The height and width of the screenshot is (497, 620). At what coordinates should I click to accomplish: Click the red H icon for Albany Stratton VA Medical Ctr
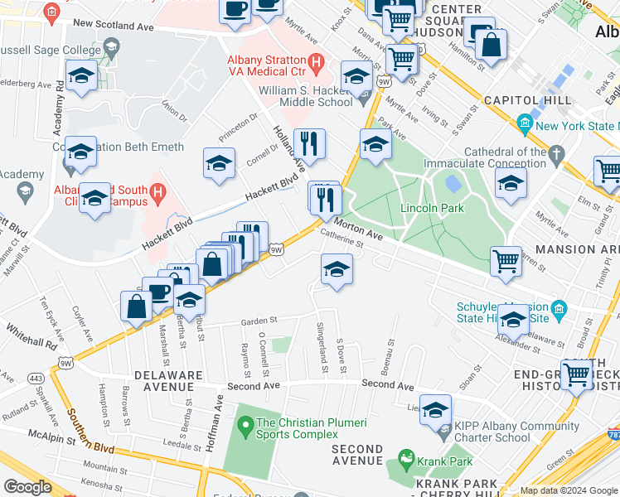(315, 61)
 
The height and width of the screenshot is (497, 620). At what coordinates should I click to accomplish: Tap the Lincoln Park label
(432, 208)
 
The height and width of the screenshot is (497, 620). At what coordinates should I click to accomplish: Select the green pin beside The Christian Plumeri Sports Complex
(245, 427)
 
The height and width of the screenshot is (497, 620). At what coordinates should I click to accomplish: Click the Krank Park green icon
(405, 457)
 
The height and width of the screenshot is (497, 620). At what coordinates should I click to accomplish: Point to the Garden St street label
(258, 321)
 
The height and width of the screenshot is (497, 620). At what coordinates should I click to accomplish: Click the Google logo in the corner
(27, 486)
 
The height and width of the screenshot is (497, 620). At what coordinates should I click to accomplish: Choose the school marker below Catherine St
(336, 271)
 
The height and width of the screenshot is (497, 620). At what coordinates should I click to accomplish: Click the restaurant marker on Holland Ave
(309, 143)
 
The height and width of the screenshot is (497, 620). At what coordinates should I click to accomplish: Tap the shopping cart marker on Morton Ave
(506, 262)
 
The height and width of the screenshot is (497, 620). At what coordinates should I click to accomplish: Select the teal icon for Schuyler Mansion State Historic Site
(559, 311)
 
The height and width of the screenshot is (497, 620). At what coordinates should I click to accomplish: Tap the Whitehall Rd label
(28, 344)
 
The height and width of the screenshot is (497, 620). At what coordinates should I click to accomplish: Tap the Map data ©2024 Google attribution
(568, 490)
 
